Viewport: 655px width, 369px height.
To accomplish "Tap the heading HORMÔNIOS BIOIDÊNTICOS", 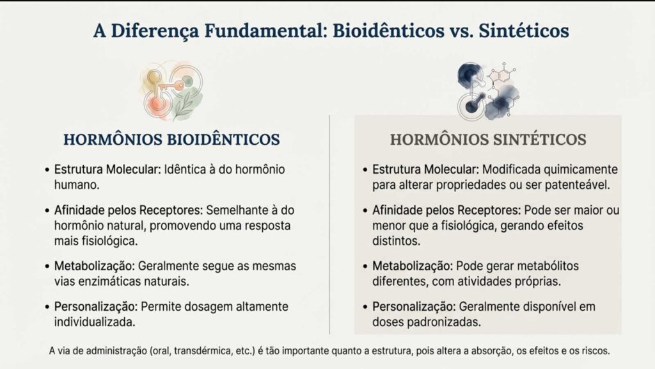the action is [171, 139].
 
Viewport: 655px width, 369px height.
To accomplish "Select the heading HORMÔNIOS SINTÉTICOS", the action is [488, 139].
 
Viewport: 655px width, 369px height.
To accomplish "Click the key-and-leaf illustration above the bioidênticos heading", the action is [171, 91].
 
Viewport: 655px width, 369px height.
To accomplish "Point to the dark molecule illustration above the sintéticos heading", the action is [488, 91].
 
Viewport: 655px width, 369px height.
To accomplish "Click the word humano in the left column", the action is [77, 185].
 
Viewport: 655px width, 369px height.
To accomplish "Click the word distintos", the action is [396, 241].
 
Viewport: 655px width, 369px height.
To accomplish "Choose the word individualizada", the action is [95, 322].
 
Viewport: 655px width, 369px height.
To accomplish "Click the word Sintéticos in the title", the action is [524, 31].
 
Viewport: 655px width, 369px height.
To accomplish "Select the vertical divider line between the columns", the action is [329, 225].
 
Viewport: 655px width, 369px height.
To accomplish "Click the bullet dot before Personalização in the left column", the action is [47, 307].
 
